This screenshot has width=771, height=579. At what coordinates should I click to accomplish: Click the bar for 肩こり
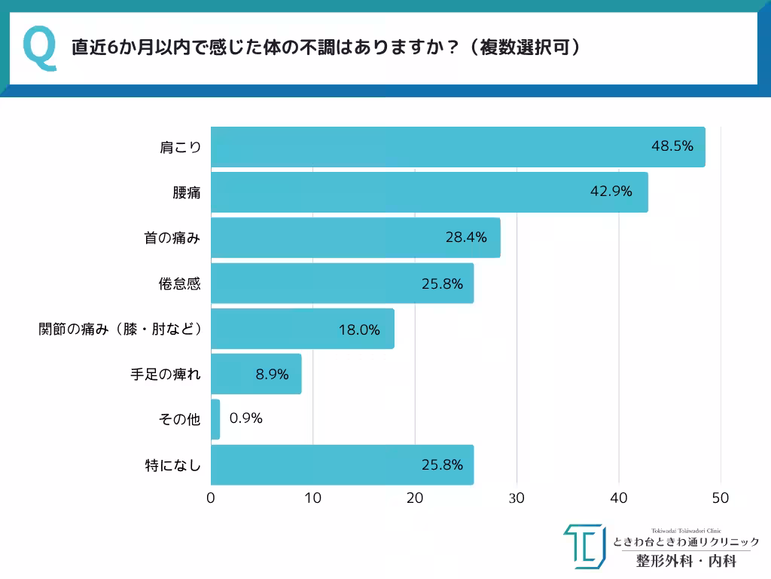click(458, 147)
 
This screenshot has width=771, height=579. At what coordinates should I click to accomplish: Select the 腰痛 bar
click(429, 192)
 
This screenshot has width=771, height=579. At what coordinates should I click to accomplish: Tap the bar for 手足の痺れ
click(256, 374)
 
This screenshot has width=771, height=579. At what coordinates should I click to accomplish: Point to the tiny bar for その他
click(215, 419)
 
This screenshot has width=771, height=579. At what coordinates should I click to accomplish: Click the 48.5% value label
click(672, 146)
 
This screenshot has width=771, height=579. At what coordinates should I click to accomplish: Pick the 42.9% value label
click(611, 191)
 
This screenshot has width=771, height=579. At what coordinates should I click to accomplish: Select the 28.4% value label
click(466, 237)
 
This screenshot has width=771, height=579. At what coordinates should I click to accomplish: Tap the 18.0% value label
click(359, 329)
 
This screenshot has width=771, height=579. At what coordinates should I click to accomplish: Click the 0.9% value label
click(245, 418)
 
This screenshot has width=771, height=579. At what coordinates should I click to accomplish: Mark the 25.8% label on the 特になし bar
click(442, 464)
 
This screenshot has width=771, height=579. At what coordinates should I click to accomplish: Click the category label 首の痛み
click(172, 238)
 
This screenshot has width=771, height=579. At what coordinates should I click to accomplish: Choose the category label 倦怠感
click(179, 283)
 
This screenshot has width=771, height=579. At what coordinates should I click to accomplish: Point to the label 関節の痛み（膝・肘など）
click(120, 329)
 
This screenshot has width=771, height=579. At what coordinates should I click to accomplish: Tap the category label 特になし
click(172, 465)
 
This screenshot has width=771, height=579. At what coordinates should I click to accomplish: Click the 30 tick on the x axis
click(517, 498)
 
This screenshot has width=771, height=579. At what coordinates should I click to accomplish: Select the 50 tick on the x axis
click(721, 498)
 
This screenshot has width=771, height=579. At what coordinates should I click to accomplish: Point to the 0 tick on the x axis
click(211, 498)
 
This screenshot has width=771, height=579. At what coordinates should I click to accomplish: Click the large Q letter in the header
click(39, 47)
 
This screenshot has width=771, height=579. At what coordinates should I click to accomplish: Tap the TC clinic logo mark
click(584, 546)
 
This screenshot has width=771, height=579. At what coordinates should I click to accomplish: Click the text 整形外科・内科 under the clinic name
click(686, 561)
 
